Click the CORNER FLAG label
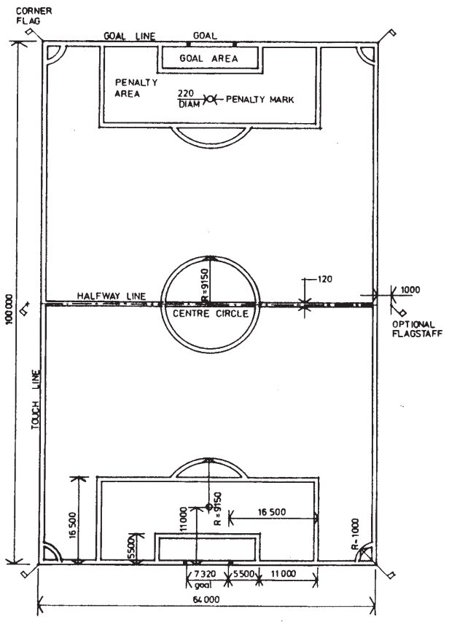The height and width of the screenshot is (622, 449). tap(34, 15)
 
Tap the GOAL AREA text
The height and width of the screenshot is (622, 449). tap(208, 58)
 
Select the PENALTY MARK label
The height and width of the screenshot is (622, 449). tap(260, 99)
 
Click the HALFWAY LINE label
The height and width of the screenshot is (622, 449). tap(112, 296)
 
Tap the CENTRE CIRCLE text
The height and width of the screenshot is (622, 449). tap(211, 313)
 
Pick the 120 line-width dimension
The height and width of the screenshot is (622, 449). tap(325, 279)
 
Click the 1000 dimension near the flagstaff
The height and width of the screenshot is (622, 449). tap(410, 290)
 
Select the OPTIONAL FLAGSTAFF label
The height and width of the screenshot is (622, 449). tap(417, 329)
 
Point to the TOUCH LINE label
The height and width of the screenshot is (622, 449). tap(36, 399)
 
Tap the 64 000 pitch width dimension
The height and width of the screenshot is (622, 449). tap(206, 599)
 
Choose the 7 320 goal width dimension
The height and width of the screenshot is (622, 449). tap(205, 574)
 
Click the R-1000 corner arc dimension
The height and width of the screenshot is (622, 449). tap(355, 534)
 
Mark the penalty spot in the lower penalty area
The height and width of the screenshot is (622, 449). tap(208, 507)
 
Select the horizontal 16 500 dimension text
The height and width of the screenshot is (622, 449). tap(272, 512)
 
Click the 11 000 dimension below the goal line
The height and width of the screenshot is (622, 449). tap(284, 574)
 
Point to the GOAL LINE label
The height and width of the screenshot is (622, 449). tap(130, 36)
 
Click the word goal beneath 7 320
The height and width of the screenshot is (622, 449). tap(203, 585)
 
